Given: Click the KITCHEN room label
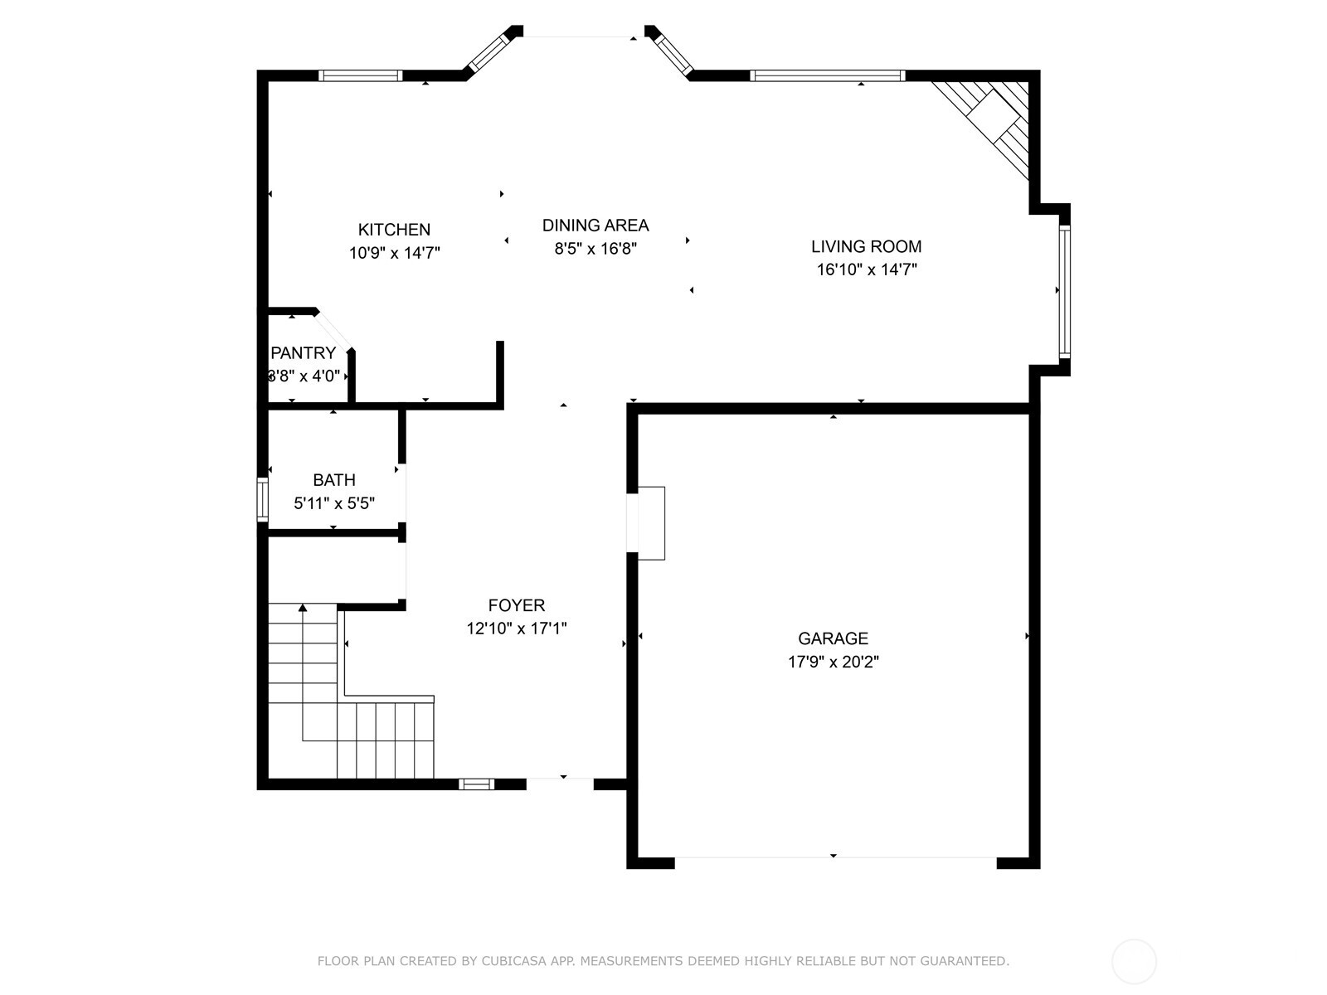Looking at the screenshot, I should click(394, 230).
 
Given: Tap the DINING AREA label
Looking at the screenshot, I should click(595, 225).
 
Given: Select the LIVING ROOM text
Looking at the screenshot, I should click(866, 246).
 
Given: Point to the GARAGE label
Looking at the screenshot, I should click(833, 638).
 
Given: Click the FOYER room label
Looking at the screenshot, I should click(516, 605).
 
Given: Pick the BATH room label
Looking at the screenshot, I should click(334, 480).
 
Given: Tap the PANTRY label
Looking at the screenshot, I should click(303, 352).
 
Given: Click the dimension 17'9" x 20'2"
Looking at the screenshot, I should click(833, 662).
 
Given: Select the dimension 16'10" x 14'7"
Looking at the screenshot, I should click(866, 269).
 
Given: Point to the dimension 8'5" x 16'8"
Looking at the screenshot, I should click(595, 248).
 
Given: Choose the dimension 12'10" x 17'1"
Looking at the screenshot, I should click(516, 629).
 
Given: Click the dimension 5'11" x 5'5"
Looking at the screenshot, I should click(334, 503).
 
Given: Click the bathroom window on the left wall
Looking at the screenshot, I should click(262, 499).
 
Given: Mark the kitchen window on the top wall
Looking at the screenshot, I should click(360, 75).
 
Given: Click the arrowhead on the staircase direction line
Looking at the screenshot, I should click(303, 608).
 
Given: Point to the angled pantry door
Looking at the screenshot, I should click(334, 330).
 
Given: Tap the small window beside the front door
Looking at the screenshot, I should click(476, 784).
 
